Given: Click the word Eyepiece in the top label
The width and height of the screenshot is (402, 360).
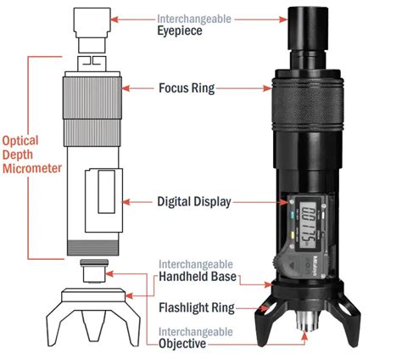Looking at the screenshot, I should (x=181, y=31).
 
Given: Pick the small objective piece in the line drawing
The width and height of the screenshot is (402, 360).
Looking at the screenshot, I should (x=92, y=274).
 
